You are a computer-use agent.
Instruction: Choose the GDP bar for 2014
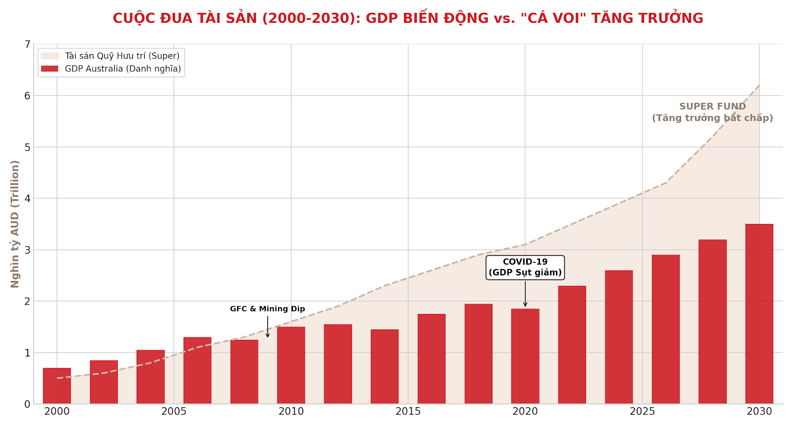pos(385,366)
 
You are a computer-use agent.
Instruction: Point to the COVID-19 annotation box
pos(525,267)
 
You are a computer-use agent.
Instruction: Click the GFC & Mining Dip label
pos(267,309)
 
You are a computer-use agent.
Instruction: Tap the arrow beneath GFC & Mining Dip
pos(268,327)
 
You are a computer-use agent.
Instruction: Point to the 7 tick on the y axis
pos(27,45)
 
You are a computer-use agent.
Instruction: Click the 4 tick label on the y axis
pos(27,199)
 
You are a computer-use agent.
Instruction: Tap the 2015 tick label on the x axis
pos(408,412)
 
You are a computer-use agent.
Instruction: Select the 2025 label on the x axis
pos(642,412)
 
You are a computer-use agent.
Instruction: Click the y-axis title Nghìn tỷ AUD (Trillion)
pos(15,224)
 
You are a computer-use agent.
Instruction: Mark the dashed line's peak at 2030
pos(759,85)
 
